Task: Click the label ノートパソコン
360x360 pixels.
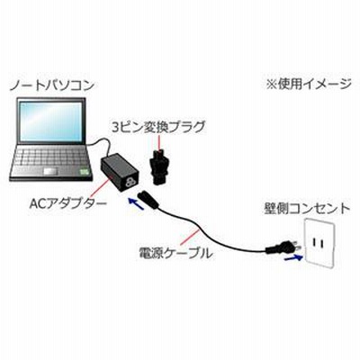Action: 52,85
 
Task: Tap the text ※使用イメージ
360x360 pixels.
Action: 309,85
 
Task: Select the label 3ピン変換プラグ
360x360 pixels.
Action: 158,127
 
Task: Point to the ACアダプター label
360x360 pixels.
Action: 68,204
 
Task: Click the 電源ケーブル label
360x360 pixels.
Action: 176,254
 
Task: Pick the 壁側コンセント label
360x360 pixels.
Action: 307,209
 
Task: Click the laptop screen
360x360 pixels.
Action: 50,121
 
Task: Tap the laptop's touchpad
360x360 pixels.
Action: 50,171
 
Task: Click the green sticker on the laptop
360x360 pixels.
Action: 85,172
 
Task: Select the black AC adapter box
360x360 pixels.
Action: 121,173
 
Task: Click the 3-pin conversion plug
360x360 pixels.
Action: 160,167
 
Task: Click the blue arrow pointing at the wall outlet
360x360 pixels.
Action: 293,257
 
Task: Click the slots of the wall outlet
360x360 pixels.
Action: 317,242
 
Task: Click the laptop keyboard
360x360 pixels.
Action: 50,157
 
